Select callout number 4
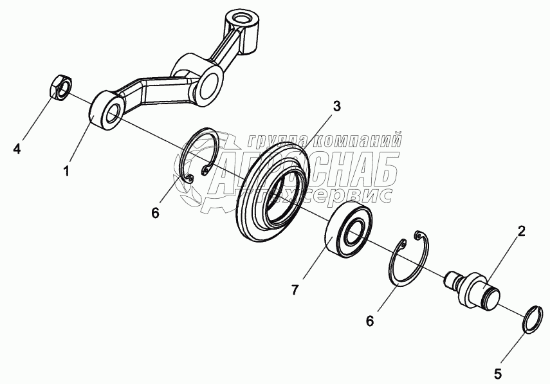click(17, 149)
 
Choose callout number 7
click(295, 290)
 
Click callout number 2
click(522, 231)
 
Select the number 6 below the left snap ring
click(155, 212)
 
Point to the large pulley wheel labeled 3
click(275, 192)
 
